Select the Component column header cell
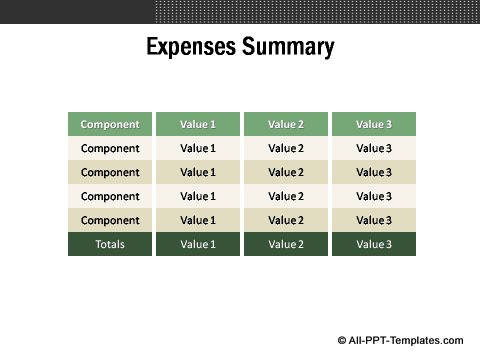[110, 125]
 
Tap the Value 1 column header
[198, 125]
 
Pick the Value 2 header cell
[286, 125]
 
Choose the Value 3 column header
[374, 125]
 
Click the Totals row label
[110, 244]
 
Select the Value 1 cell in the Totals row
[198, 244]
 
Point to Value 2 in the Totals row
[286, 244]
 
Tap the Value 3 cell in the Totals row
[374, 244]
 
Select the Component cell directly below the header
[110, 149]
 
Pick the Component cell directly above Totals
[110, 220]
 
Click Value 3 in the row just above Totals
[374, 220]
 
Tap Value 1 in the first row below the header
[198, 149]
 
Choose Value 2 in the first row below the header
[286, 149]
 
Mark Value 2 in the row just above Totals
[286, 220]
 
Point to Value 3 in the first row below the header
[374, 149]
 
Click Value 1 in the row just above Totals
[198, 220]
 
